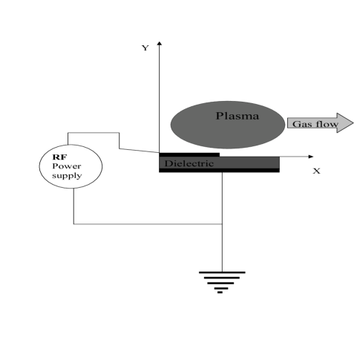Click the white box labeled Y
[145, 49]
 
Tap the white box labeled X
[318, 171]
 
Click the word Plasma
[237, 116]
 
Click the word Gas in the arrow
[300, 124]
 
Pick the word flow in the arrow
[325, 124]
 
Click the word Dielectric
[189, 163]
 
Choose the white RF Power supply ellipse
[71, 166]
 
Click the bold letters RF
[59, 157]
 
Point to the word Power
[66, 166]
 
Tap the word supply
[67, 176]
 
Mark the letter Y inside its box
[145, 49]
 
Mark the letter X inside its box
[317, 171]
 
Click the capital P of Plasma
[219, 116]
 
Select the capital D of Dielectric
[168, 163]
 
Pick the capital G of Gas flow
[295, 124]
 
